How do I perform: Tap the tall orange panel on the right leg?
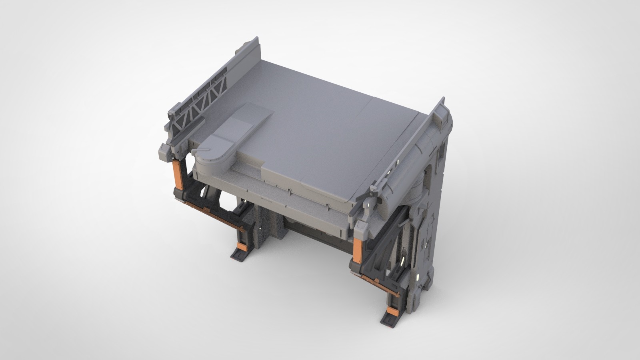(x=358, y=249)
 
